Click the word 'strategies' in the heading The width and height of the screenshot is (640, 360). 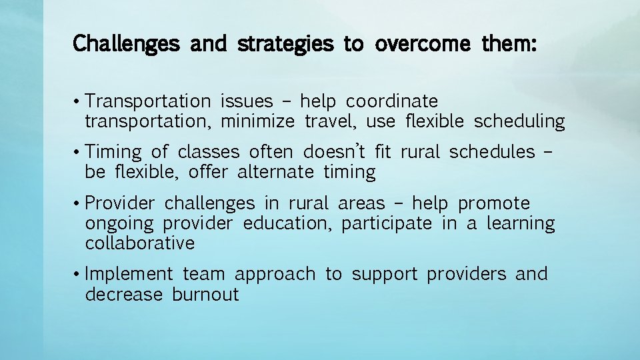pos(285,45)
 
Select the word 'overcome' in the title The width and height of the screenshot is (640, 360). pos(414,45)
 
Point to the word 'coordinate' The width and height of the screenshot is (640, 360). pos(392,101)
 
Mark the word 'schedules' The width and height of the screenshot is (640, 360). pos(491,152)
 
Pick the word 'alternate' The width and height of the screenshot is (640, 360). pos(275,172)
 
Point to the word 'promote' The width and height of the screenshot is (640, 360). pos(494,203)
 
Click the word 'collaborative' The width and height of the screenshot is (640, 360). pos(140,243)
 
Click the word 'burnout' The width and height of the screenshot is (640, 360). pos(205,295)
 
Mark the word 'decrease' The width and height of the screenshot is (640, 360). pos(124,295)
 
